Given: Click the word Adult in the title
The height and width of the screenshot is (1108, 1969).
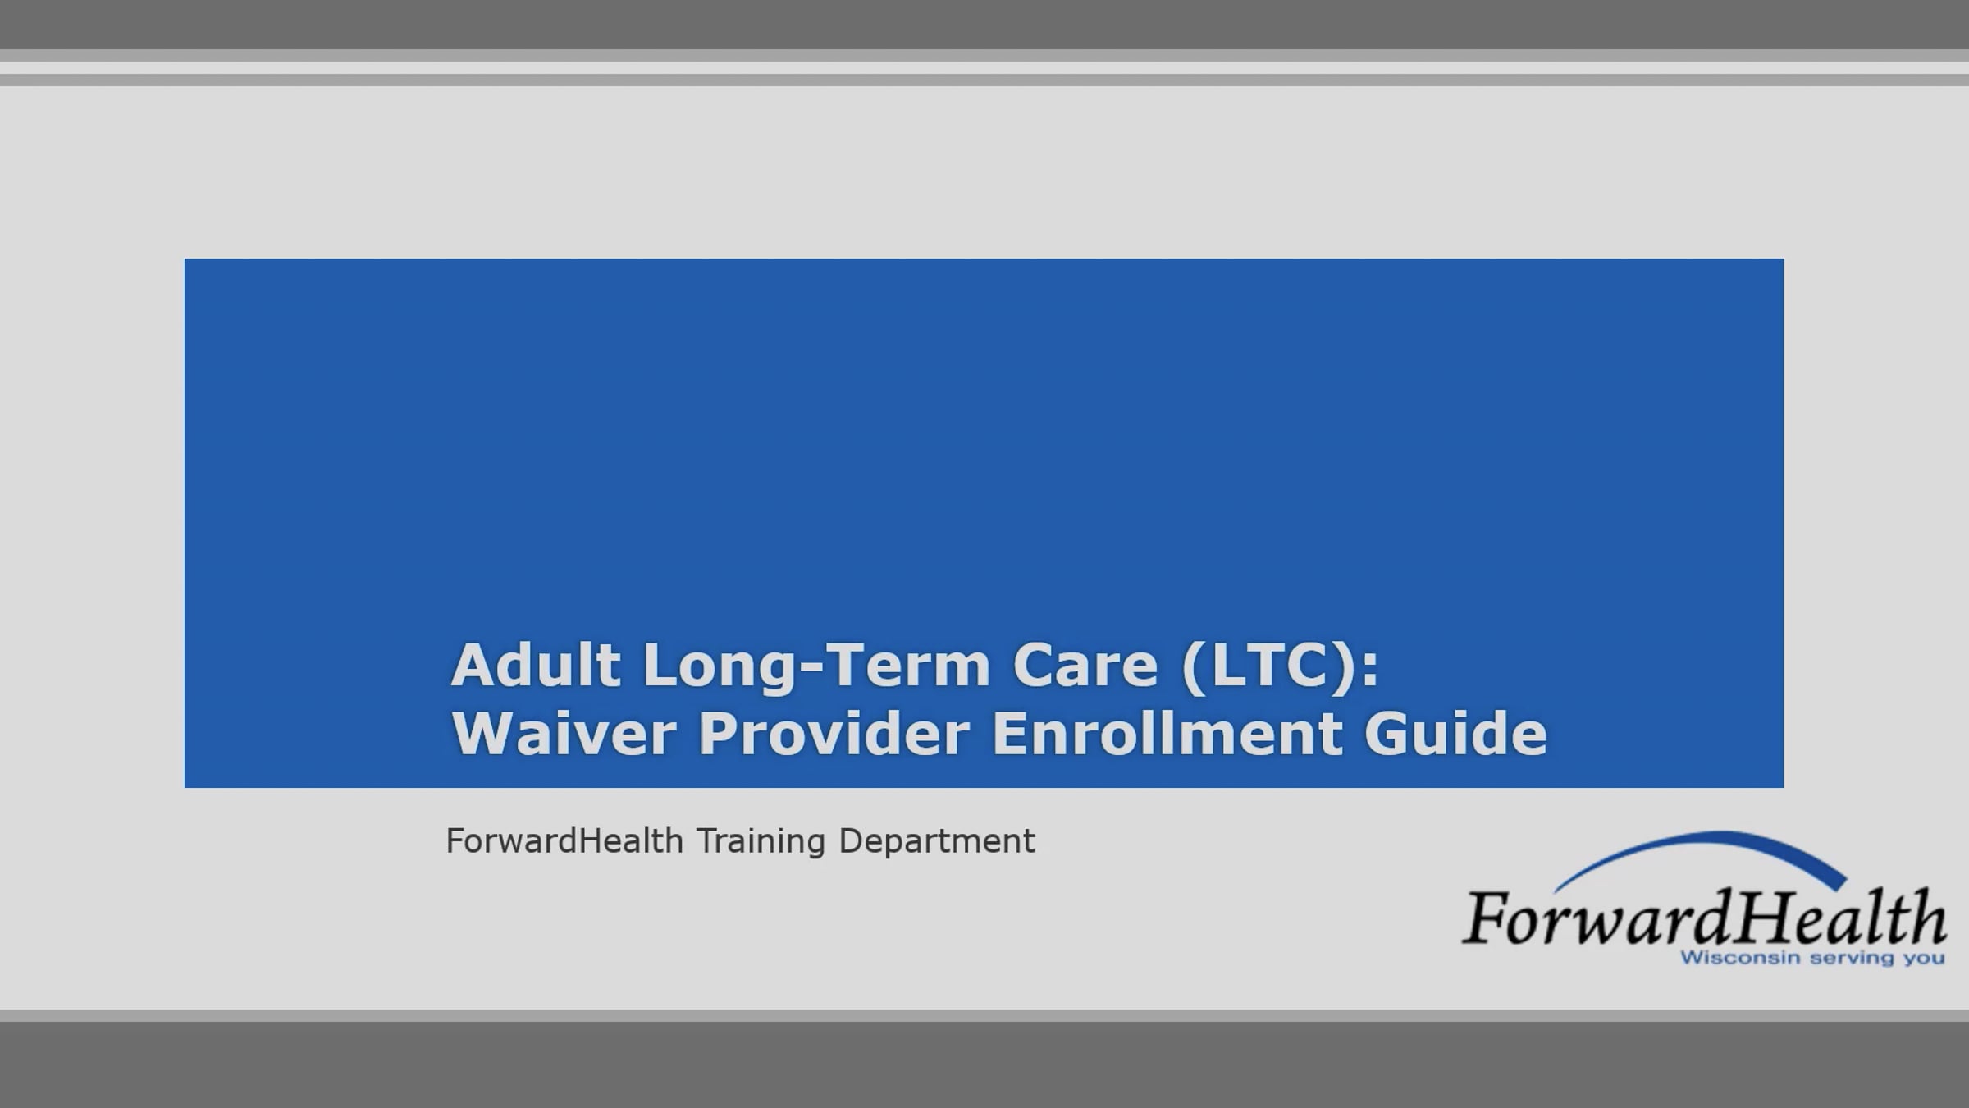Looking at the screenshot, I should click(x=535, y=665).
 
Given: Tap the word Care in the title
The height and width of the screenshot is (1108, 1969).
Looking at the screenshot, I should click(x=1085, y=665).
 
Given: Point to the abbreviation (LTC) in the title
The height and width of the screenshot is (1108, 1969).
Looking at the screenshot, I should click(x=1268, y=666).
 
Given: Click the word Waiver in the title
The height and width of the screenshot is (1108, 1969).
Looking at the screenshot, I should click(x=564, y=733).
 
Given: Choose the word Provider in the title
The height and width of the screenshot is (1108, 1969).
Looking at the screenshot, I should click(x=834, y=733).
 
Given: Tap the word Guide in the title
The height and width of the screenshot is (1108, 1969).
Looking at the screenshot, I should click(x=1455, y=733).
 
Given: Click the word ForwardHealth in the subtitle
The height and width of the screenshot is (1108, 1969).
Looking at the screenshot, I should click(x=564, y=841).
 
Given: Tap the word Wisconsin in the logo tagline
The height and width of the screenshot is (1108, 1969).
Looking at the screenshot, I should click(x=1728, y=958).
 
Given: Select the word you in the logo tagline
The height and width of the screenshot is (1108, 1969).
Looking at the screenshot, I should click(x=1924, y=959).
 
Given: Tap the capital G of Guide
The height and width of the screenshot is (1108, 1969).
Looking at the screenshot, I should click(x=1390, y=733).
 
